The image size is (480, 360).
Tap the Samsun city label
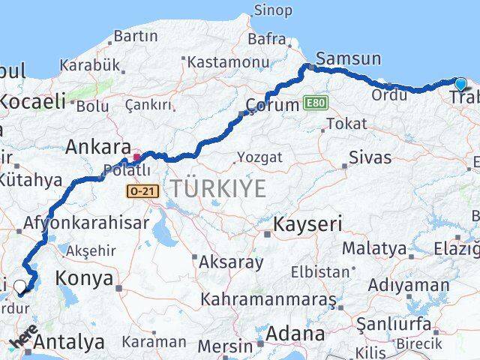(x=348, y=59)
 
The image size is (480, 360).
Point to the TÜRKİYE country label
(x=218, y=189)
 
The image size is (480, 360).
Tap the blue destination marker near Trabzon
(x=460, y=85)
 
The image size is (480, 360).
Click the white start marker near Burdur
(x=20, y=286)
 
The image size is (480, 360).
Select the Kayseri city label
(x=307, y=223)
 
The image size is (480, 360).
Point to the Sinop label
(x=274, y=10)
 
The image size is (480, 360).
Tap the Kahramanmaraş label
(x=268, y=299)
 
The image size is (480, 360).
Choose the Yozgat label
(x=259, y=157)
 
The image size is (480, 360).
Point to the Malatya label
(x=374, y=248)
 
